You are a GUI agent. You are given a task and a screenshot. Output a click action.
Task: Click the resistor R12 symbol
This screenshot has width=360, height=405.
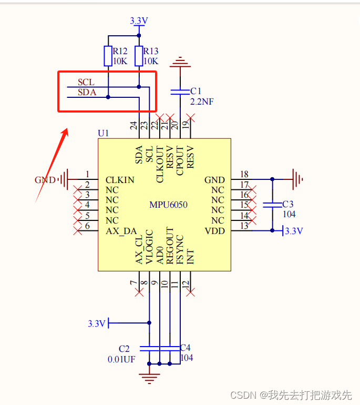pos(108,56)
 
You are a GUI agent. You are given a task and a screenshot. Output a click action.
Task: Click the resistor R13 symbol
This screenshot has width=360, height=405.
pos(139,56)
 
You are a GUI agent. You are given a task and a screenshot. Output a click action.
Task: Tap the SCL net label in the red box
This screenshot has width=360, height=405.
pos(86,83)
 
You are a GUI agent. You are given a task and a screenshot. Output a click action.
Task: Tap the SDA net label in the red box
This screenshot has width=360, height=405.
pos(87,92)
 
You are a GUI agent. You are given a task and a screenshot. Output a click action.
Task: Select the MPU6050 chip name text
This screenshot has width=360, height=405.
pos(168,205)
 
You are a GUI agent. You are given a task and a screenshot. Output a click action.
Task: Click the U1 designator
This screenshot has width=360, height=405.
pos(104,133)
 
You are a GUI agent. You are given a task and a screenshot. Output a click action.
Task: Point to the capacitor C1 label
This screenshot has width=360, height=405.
pos(196,92)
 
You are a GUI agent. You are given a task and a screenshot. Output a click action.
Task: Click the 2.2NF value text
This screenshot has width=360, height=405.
pos(202,102)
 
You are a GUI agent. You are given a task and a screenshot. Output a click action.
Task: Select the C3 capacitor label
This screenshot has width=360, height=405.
pos(288,204)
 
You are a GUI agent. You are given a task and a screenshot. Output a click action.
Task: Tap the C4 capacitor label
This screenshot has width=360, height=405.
pos(186,348)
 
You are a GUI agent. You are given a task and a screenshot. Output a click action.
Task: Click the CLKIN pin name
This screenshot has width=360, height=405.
pos(120,180)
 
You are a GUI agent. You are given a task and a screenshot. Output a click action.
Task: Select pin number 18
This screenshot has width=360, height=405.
pos(244,175)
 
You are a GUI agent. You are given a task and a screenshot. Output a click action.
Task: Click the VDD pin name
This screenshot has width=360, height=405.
pos(214,231)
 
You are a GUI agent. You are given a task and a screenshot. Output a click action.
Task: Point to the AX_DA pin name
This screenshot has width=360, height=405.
pos(121,231)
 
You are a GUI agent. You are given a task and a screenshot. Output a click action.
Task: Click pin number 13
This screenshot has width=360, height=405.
pos(244,226)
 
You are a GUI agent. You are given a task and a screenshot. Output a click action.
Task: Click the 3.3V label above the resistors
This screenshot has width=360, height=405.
pos(139,21)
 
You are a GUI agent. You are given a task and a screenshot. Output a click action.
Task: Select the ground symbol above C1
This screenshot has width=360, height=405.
pos(180,63)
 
